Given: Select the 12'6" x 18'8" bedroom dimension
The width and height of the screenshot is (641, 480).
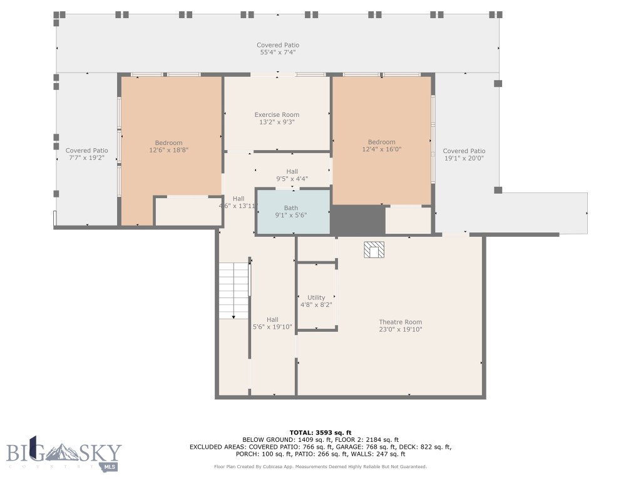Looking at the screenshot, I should tap(168, 151).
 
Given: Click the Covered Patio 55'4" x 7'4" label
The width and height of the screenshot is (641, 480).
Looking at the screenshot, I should tap(278, 49).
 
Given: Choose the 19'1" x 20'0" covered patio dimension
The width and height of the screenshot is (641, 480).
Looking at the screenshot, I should tap(464, 159).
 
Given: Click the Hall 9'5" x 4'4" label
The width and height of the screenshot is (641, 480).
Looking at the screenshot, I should tap(292, 175).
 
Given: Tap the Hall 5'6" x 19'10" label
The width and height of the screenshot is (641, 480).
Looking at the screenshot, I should tap(272, 323).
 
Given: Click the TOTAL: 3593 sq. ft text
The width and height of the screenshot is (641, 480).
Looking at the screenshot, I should tap(320, 432).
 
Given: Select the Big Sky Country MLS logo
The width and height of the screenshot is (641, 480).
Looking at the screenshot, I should tap(64, 454).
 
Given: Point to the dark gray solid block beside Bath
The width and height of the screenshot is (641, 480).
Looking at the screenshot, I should tap(357, 220).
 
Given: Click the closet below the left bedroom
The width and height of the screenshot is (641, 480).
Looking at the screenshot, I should tap(188, 211).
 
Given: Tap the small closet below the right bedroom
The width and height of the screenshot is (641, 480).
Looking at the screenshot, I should tap(408, 220).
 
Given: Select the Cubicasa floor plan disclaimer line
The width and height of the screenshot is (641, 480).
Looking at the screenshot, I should tap(320, 467).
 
